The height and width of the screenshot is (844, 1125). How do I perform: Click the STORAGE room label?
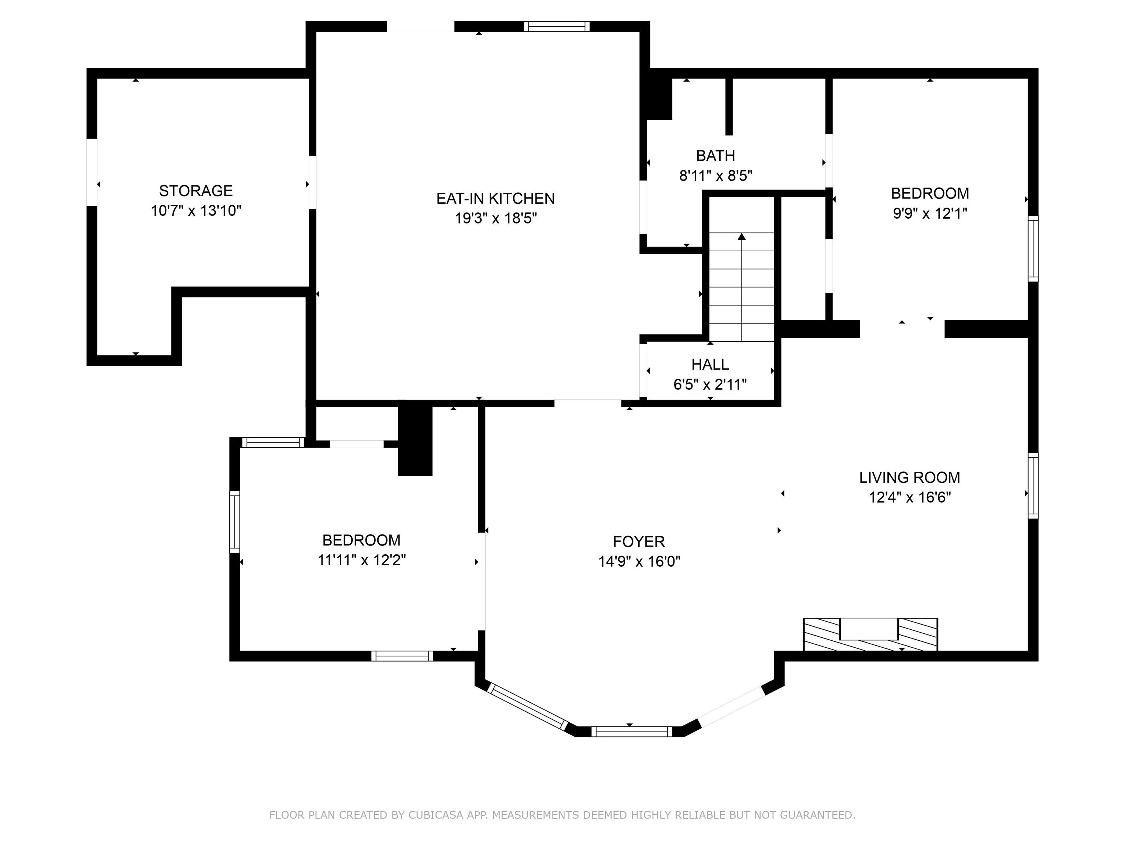tap(196, 191)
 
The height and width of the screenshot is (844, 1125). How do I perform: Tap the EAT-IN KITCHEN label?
tap(495, 199)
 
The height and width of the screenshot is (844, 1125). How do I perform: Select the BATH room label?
tap(716, 155)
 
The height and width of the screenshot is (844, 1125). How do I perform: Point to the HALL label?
tap(710, 364)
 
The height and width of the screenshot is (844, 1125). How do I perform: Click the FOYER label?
tap(639, 541)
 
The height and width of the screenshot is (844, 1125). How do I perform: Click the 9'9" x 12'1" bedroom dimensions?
tap(930, 213)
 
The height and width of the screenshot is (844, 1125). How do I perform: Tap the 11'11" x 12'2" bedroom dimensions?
tap(361, 560)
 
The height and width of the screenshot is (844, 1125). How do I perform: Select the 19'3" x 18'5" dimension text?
tap(496, 218)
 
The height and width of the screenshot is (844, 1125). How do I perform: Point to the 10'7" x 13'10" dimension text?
tap(196, 211)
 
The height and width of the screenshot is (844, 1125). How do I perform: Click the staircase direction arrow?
tap(742, 287)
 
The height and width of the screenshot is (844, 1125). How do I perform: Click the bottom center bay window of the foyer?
tap(631, 732)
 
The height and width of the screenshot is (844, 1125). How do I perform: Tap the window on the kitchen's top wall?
tap(557, 26)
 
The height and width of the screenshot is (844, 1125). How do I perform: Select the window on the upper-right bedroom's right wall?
tap(1033, 248)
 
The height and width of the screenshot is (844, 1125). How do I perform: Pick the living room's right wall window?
tap(1033, 486)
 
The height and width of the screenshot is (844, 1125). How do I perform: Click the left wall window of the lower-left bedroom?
tap(234, 522)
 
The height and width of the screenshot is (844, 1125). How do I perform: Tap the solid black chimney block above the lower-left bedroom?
tap(415, 441)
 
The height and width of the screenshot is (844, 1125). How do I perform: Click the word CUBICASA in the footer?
tap(436, 815)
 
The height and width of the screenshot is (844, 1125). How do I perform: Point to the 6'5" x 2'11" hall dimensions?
tap(710, 385)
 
